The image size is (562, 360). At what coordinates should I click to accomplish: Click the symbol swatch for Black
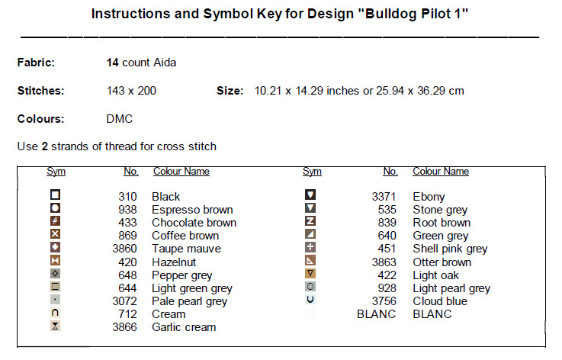(x=55, y=194)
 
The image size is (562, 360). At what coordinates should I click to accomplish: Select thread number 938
(x=127, y=210)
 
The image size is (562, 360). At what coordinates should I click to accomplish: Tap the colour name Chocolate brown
(x=194, y=223)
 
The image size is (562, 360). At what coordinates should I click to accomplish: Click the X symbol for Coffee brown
(x=55, y=234)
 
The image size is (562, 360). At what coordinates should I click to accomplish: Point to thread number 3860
(x=124, y=249)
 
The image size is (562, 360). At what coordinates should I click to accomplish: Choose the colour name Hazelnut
(x=174, y=262)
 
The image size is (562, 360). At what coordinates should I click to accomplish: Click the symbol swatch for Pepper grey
(x=55, y=274)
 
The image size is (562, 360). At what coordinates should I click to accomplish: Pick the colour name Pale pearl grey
(x=189, y=301)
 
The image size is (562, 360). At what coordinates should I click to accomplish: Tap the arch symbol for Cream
(x=55, y=313)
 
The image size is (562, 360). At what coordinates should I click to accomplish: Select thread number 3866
(x=124, y=327)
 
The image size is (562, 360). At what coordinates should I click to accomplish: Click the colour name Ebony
(x=429, y=197)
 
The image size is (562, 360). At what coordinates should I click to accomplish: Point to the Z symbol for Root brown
(x=310, y=221)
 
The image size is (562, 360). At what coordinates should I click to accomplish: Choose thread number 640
(x=387, y=236)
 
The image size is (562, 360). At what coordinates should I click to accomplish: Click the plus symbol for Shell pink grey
(x=310, y=247)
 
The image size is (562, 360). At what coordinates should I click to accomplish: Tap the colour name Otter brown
(x=442, y=262)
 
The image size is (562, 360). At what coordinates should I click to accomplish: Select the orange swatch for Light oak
(x=310, y=274)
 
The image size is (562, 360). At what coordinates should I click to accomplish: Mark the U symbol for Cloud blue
(x=310, y=300)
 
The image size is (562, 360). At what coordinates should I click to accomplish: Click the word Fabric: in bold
(x=36, y=63)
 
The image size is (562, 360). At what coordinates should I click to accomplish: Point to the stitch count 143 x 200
(x=131, y=91)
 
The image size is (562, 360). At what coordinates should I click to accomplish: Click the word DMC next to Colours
(x=120, y=119)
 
